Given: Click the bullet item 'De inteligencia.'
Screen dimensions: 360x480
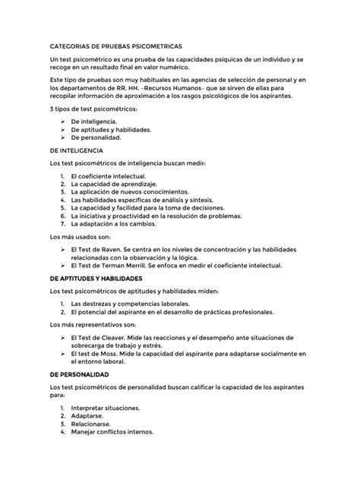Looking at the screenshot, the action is pos(93,122).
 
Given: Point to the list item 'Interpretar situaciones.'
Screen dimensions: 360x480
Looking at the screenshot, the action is pos(106,408).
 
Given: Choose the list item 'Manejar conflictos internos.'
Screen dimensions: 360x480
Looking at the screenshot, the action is pos(112,432).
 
